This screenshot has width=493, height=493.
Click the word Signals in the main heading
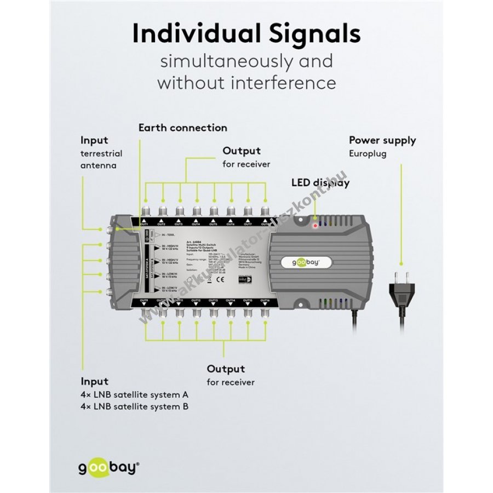311,34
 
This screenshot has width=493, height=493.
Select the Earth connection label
182,128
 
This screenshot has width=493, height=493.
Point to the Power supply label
382,140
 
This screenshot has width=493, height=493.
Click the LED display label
320,182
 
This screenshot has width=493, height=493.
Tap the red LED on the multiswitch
314,225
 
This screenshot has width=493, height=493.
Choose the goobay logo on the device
308,262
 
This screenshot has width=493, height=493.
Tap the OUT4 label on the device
196,225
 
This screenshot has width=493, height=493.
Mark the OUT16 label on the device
265,301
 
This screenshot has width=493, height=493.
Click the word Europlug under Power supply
368,154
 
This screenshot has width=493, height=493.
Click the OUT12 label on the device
196,301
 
